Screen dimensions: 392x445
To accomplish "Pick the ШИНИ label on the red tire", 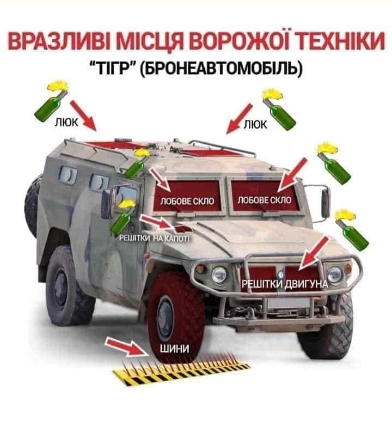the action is (174, 348).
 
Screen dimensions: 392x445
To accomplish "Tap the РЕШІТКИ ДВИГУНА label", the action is (285, 284).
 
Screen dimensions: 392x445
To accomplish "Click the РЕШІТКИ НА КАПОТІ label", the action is (154, 238).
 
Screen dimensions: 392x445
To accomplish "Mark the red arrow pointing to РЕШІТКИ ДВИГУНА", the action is (314, 253).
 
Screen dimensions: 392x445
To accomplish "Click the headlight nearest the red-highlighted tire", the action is (219, 274).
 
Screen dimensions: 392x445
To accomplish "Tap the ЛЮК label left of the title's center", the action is (66, 123).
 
